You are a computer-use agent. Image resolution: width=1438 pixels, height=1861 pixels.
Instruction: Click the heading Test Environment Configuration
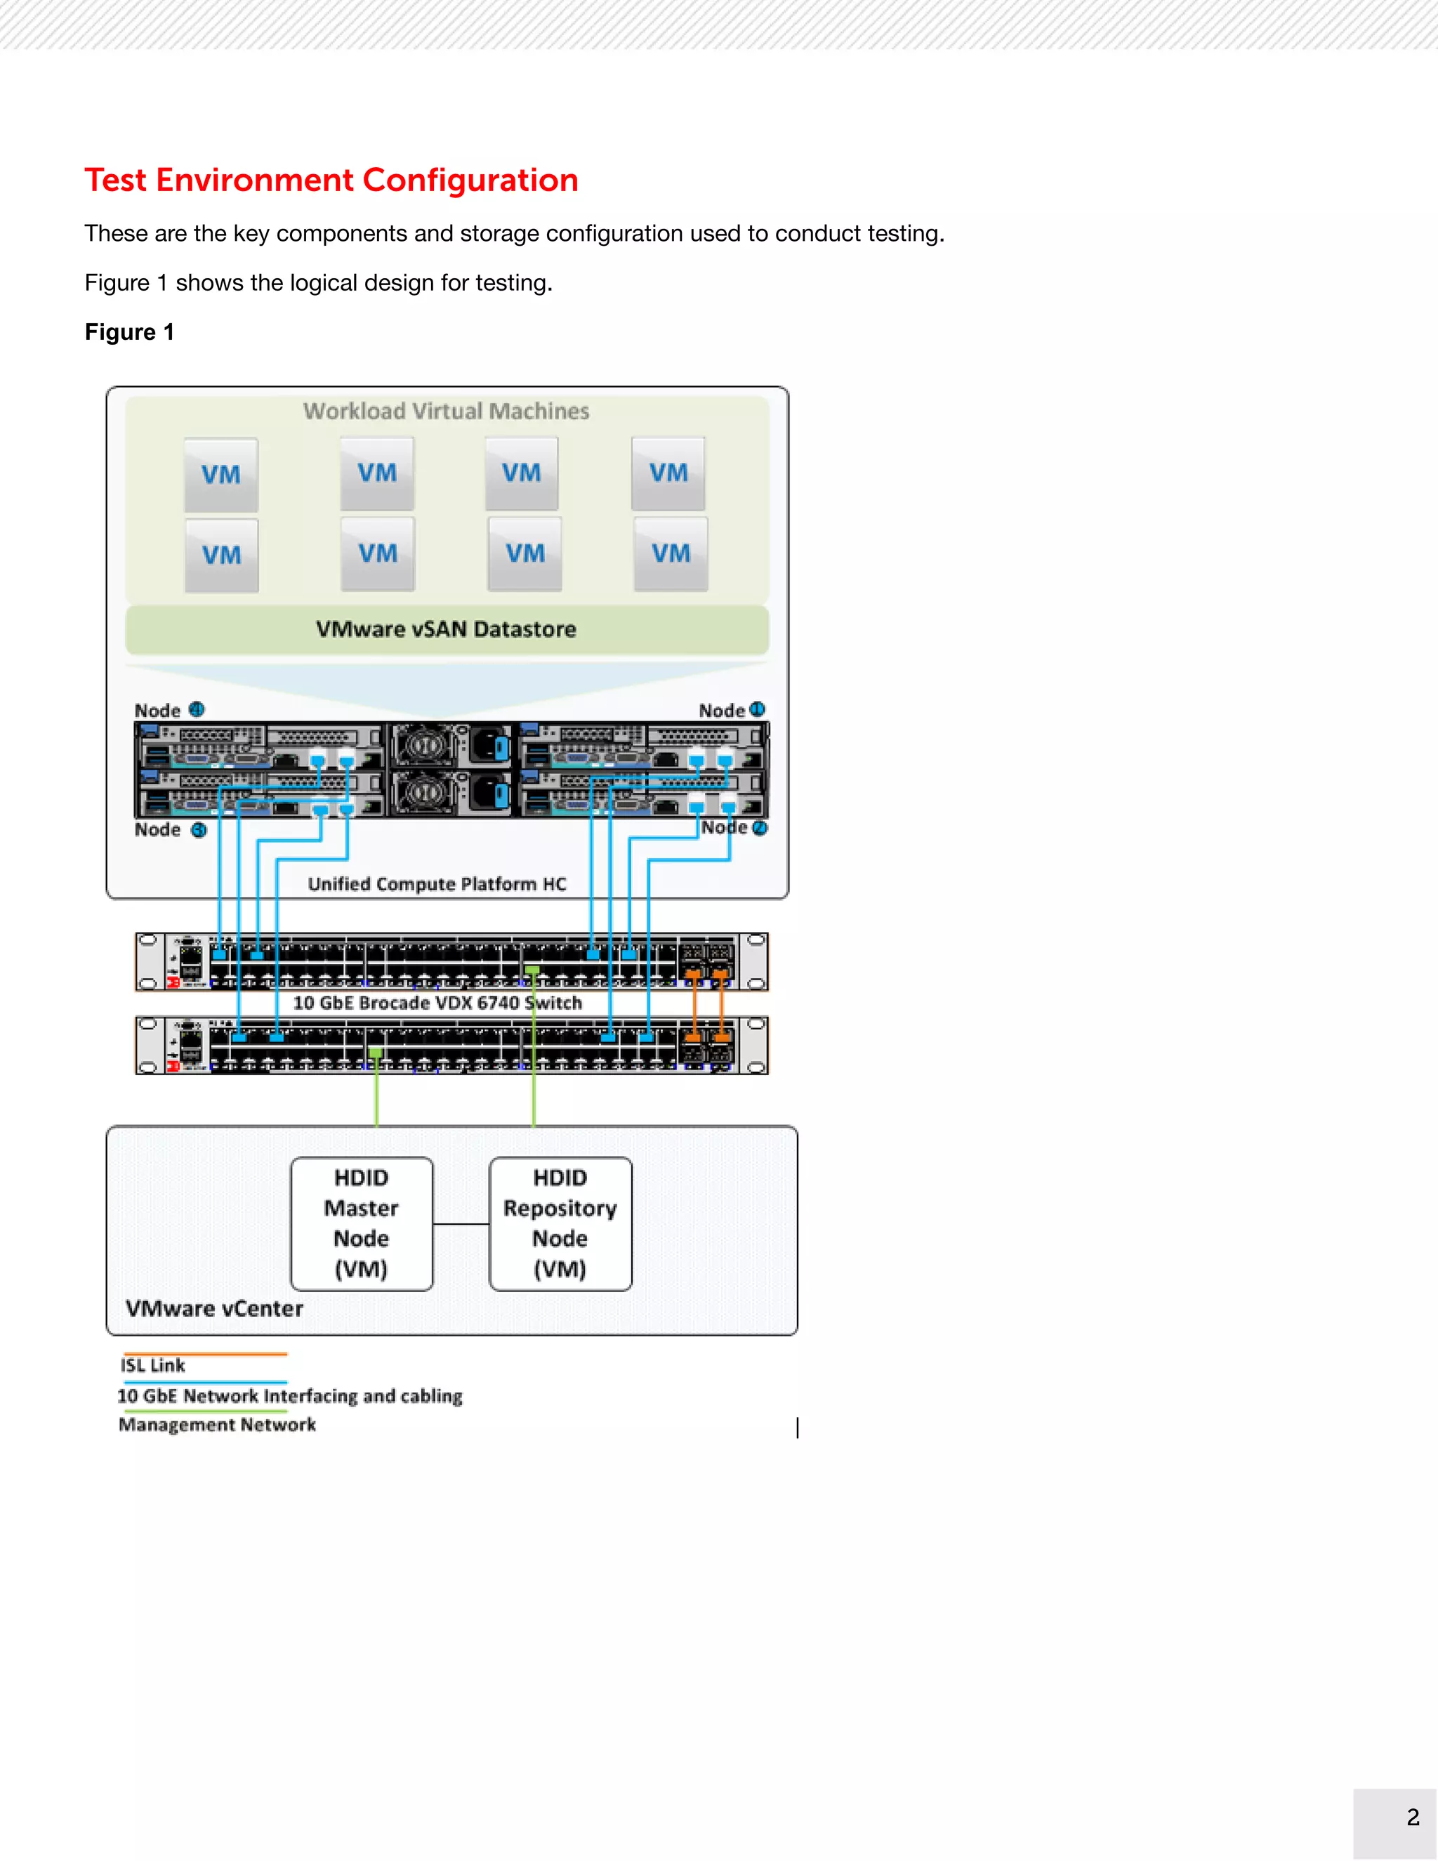click(331, 180)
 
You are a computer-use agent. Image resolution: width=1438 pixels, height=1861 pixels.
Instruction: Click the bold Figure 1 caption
click(129, 332)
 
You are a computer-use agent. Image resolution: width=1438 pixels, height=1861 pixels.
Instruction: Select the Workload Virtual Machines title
click(447, 412)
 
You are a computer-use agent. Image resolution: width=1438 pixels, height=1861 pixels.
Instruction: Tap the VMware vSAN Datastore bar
click(447, 630)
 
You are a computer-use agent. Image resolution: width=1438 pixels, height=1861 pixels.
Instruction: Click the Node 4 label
click(169, 711)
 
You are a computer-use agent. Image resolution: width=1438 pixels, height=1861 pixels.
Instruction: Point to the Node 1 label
click(731, 711)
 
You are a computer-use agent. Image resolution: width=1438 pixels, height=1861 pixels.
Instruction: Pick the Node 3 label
click(169, 830)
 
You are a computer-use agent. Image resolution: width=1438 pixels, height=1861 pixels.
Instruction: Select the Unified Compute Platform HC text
click(437, 883)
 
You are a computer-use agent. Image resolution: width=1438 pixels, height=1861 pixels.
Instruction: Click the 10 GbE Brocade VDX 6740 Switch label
click(437, 1003)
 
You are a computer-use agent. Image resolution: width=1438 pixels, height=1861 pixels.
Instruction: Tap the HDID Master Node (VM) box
click(361, 1223)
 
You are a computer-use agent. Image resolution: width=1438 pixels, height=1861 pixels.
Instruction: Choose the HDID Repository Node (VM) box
click(560, 1223)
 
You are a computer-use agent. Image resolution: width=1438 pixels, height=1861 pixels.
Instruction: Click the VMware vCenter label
click(214, 1309)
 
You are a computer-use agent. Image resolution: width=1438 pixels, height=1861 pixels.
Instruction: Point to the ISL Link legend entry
click(152, 1365)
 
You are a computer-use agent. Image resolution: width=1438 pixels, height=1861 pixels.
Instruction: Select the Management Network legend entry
click(217, 1425)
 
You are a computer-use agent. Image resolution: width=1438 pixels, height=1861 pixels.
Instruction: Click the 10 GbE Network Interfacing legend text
click(290, 1396)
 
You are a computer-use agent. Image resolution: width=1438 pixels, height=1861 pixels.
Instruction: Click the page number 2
click(1413, 1817)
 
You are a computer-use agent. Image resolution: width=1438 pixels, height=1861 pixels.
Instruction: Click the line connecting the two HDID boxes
click(461, 1225)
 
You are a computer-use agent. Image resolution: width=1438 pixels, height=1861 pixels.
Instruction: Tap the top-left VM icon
click(221, 475)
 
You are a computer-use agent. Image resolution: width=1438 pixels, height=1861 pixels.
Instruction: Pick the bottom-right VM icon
click(671, 554)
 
